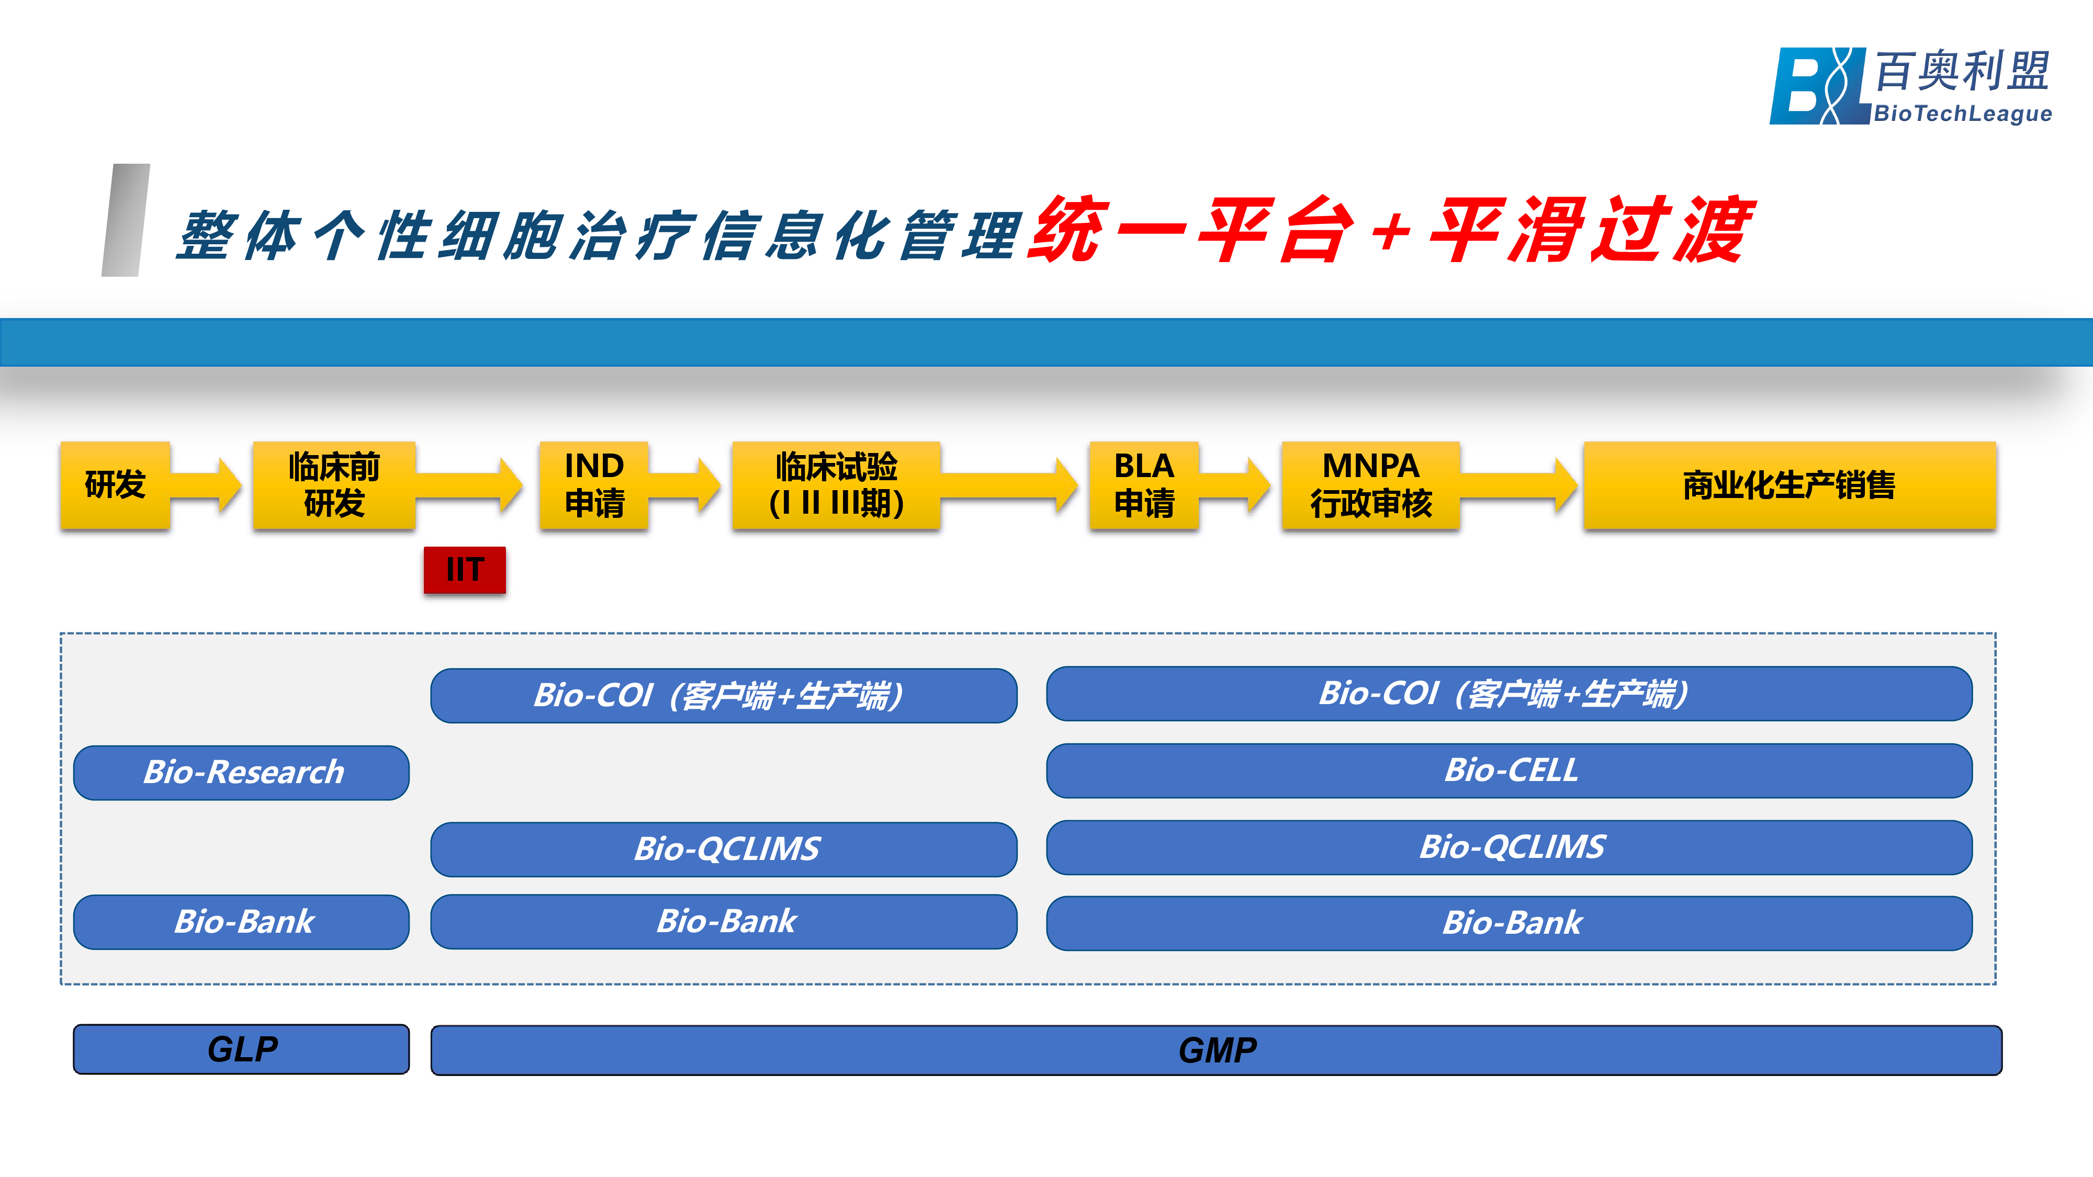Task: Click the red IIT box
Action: [x=465, y=570]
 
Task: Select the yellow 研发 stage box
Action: [x=115, y=485]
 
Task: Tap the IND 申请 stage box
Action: [x=594, y=485]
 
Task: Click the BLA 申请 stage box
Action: [x=1144, y=485]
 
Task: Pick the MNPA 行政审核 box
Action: [x=1371, y=485]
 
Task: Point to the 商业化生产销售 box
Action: [x=1789, y=485]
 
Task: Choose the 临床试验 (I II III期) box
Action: [x=836, y=485]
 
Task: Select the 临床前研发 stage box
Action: [x=334, y=485]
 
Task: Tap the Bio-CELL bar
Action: [x=1509, y=770]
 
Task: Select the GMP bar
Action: [x=1217, y=1050]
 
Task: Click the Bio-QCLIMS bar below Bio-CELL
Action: [x=1509, y=847]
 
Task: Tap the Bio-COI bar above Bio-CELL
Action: [x=1509, y=694]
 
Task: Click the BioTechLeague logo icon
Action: [x=1818, y=86]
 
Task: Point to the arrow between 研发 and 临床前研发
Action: [x=207, y=485]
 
